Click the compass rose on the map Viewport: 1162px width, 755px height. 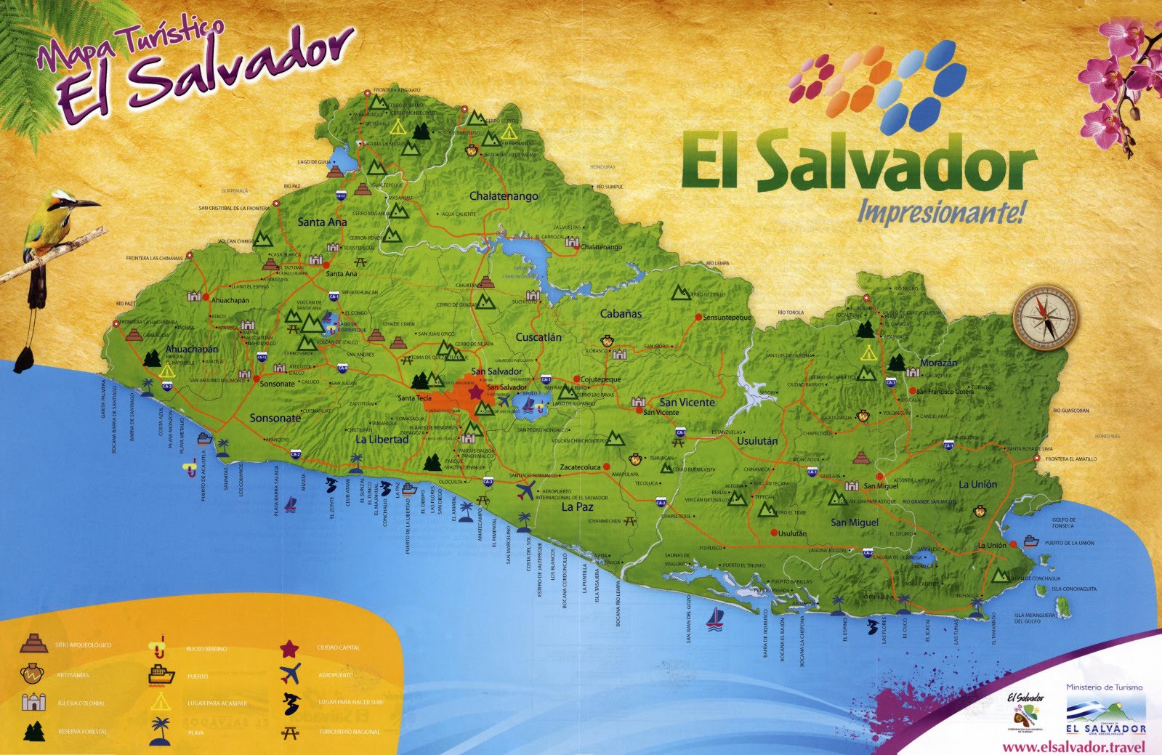click(x=1046, y=318)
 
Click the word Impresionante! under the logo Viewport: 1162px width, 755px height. click(x=942, y=212)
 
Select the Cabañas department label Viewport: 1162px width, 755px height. click(x=621, y=314)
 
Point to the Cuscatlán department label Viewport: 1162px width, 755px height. click(x=538, y=337)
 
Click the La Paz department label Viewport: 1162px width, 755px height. click(x=578, y=506)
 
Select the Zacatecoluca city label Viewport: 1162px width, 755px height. click(x=580, y=467)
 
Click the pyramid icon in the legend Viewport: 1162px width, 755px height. click(x=33, y=643)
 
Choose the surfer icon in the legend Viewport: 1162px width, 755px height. click(x=289, y=703)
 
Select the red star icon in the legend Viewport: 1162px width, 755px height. click(x=289, y=647)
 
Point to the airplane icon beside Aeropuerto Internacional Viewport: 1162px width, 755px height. click(x=524, y=490)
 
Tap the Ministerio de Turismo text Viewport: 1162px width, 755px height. click(x=1104, y=687)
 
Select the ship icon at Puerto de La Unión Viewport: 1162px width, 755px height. click(x=1030, y=541)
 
